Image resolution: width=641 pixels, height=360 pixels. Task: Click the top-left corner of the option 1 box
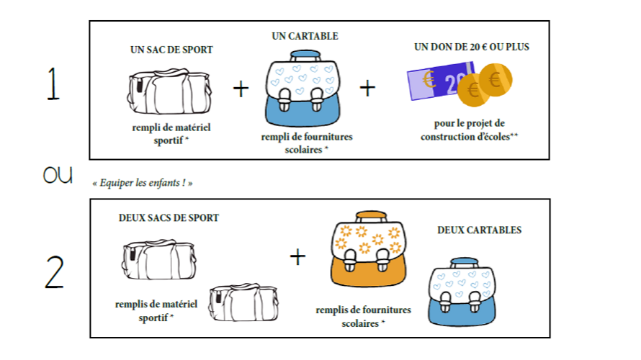90,22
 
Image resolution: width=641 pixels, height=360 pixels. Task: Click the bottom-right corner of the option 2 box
550,337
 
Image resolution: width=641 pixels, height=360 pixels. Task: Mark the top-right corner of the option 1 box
549,22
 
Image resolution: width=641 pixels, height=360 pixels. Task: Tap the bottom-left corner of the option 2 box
90,337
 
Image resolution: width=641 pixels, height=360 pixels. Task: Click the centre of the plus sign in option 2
297,257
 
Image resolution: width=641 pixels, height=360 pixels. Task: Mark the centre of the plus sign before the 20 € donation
367,89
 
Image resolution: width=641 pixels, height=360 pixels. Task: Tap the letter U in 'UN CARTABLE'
275,36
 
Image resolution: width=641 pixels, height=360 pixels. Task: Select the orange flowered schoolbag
368,248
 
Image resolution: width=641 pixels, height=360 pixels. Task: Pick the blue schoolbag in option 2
462,292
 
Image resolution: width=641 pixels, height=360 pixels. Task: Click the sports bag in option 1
169,91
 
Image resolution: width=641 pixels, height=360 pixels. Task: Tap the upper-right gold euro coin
496,80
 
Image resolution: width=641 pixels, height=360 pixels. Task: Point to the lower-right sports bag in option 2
243,302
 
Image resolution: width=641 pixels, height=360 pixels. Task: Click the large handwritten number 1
53,84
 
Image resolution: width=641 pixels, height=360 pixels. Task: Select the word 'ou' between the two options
58,174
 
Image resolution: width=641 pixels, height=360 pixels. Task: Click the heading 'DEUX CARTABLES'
479,230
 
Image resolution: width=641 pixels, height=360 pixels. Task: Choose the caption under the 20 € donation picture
470,130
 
